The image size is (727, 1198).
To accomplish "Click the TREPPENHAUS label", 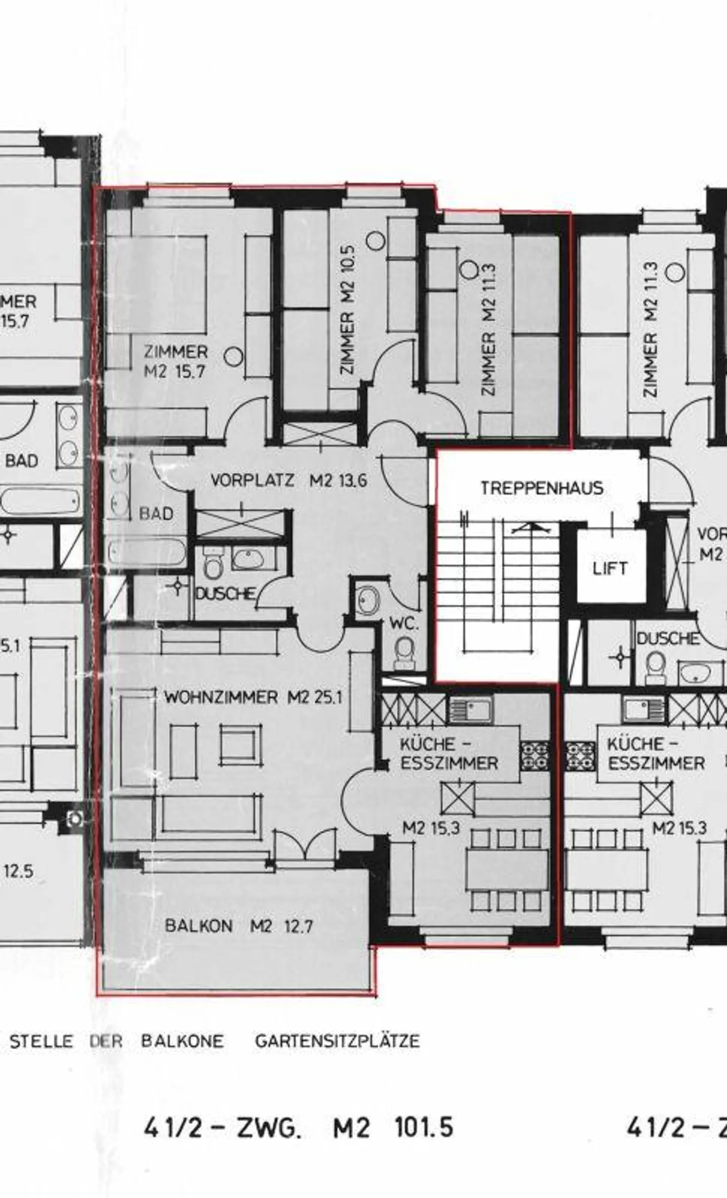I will pos(541,488).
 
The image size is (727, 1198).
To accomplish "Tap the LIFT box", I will pos(610,568).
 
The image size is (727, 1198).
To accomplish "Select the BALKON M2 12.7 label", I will pos(238,926).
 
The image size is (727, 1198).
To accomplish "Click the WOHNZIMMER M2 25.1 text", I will pos(253,698).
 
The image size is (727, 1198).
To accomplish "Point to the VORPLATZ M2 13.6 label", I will pos(288,480).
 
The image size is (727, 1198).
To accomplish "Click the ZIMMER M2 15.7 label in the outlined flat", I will pos(175,361).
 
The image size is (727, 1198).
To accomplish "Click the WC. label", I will pos(404,624).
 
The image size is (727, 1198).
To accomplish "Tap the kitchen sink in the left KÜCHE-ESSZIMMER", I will pos(470,710).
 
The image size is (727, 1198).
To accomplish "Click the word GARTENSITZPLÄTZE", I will pos(337,1041).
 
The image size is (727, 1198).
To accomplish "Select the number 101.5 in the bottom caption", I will pos(424,1127).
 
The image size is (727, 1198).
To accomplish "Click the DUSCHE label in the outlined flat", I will pos(225,594).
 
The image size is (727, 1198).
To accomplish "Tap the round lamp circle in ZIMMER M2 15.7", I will pos(233,357).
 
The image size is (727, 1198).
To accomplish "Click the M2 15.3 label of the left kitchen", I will pos(431,828).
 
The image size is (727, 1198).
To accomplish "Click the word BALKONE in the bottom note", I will pos(182,1041).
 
